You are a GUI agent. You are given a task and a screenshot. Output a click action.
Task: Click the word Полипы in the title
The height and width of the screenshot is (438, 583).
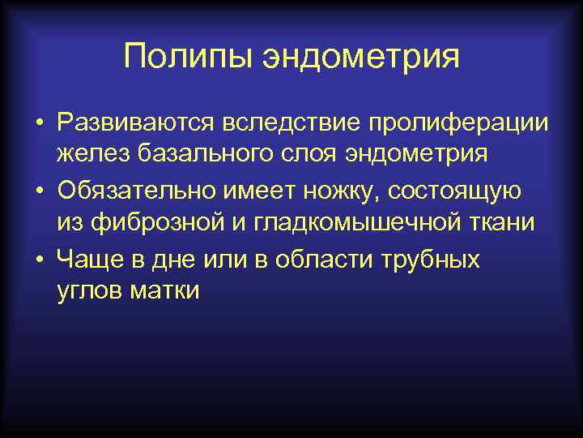(x=189, y=58)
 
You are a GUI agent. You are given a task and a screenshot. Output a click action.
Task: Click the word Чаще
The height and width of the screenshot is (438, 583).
(x=84, y=260)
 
